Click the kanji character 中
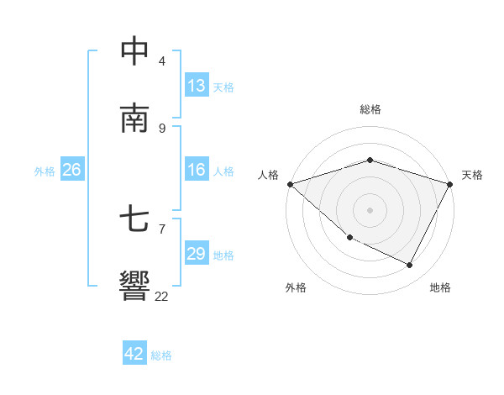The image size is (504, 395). point(134,51)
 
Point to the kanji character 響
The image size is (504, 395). point(134,286)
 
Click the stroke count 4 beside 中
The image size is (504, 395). point(162,61)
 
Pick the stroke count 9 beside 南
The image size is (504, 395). point(162,128)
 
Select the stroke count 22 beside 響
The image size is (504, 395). point(161,296)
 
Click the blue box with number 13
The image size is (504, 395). point(197,86)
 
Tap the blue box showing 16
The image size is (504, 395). point(197,170)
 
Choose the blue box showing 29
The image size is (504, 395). point(197,254)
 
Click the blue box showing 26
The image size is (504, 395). point(71,170)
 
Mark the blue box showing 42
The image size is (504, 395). point(134,354)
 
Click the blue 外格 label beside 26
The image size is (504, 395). point(45,171)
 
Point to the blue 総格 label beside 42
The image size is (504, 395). point(161,355)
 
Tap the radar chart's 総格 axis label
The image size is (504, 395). point(370,109)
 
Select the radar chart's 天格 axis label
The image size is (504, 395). point(472,175)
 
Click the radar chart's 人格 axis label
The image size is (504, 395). point(268,175)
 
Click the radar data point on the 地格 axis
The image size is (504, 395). point(410,266)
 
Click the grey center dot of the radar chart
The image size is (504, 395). point(370,210)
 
